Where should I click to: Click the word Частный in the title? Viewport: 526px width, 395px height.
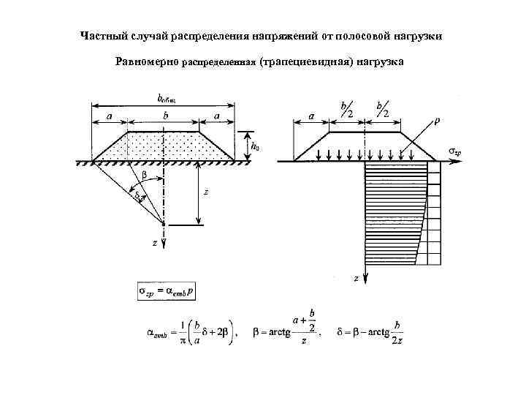coord(101,35)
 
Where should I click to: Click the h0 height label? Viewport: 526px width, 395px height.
coord(254,146)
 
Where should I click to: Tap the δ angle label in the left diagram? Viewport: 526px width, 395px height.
coord(137,195)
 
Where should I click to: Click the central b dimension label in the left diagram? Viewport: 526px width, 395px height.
coord(166,116)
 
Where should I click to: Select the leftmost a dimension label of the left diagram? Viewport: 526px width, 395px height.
coord(109,116)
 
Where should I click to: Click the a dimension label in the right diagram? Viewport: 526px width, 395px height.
coord(311,116)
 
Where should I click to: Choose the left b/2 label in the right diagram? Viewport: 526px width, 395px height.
coord(346,108)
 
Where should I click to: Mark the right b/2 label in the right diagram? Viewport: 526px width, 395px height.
coord(380,108)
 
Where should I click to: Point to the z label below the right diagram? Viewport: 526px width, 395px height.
coord(356,278)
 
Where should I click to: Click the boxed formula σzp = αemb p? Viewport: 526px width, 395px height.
coord(167,292)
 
